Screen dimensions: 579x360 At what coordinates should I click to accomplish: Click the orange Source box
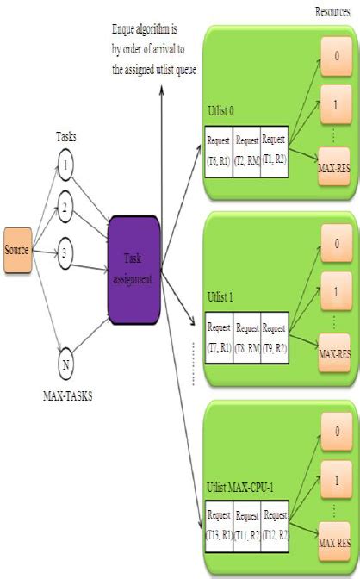click(17, 250)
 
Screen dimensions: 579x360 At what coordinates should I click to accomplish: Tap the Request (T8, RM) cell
click(247, 335)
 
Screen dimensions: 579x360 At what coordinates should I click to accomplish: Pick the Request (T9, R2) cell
click(275, 335)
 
